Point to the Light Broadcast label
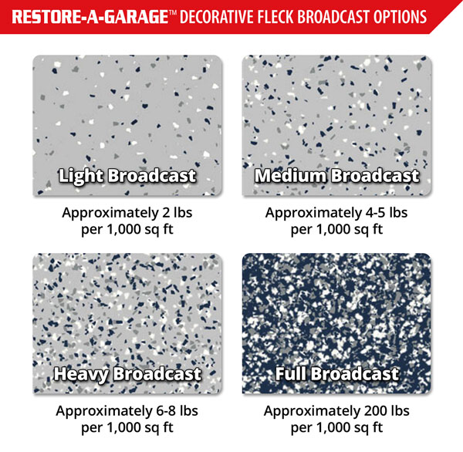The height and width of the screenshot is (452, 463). pyautogui.click(x=127, y=176)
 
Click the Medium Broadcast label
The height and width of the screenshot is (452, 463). pyautogui.click(x=336, y=176)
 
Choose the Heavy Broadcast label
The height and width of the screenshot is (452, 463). pyautogui.click(x=127, y=374)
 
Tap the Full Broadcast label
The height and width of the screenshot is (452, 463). pyautogui.click(x=337, y=374)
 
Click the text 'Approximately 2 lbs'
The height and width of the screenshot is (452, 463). pyautogui.click(x=128, y=211)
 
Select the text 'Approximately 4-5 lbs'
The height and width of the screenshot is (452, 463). pyautogui.click(x=337, y=211)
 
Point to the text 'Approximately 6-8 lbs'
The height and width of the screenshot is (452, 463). pyautogui.click(x=128, y=410)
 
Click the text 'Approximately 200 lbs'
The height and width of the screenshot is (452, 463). pyautogui.click(x=337, y=410)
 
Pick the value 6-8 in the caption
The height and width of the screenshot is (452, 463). pyautogui.click(x=164, y=410)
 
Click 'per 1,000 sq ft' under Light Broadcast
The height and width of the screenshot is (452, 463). pyautogui.click(x=128, y=228)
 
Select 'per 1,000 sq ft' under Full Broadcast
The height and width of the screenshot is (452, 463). pyautogui.click(x=337, y=427)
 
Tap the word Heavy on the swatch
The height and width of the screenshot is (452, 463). pyautogui.click(x=81, y=374)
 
